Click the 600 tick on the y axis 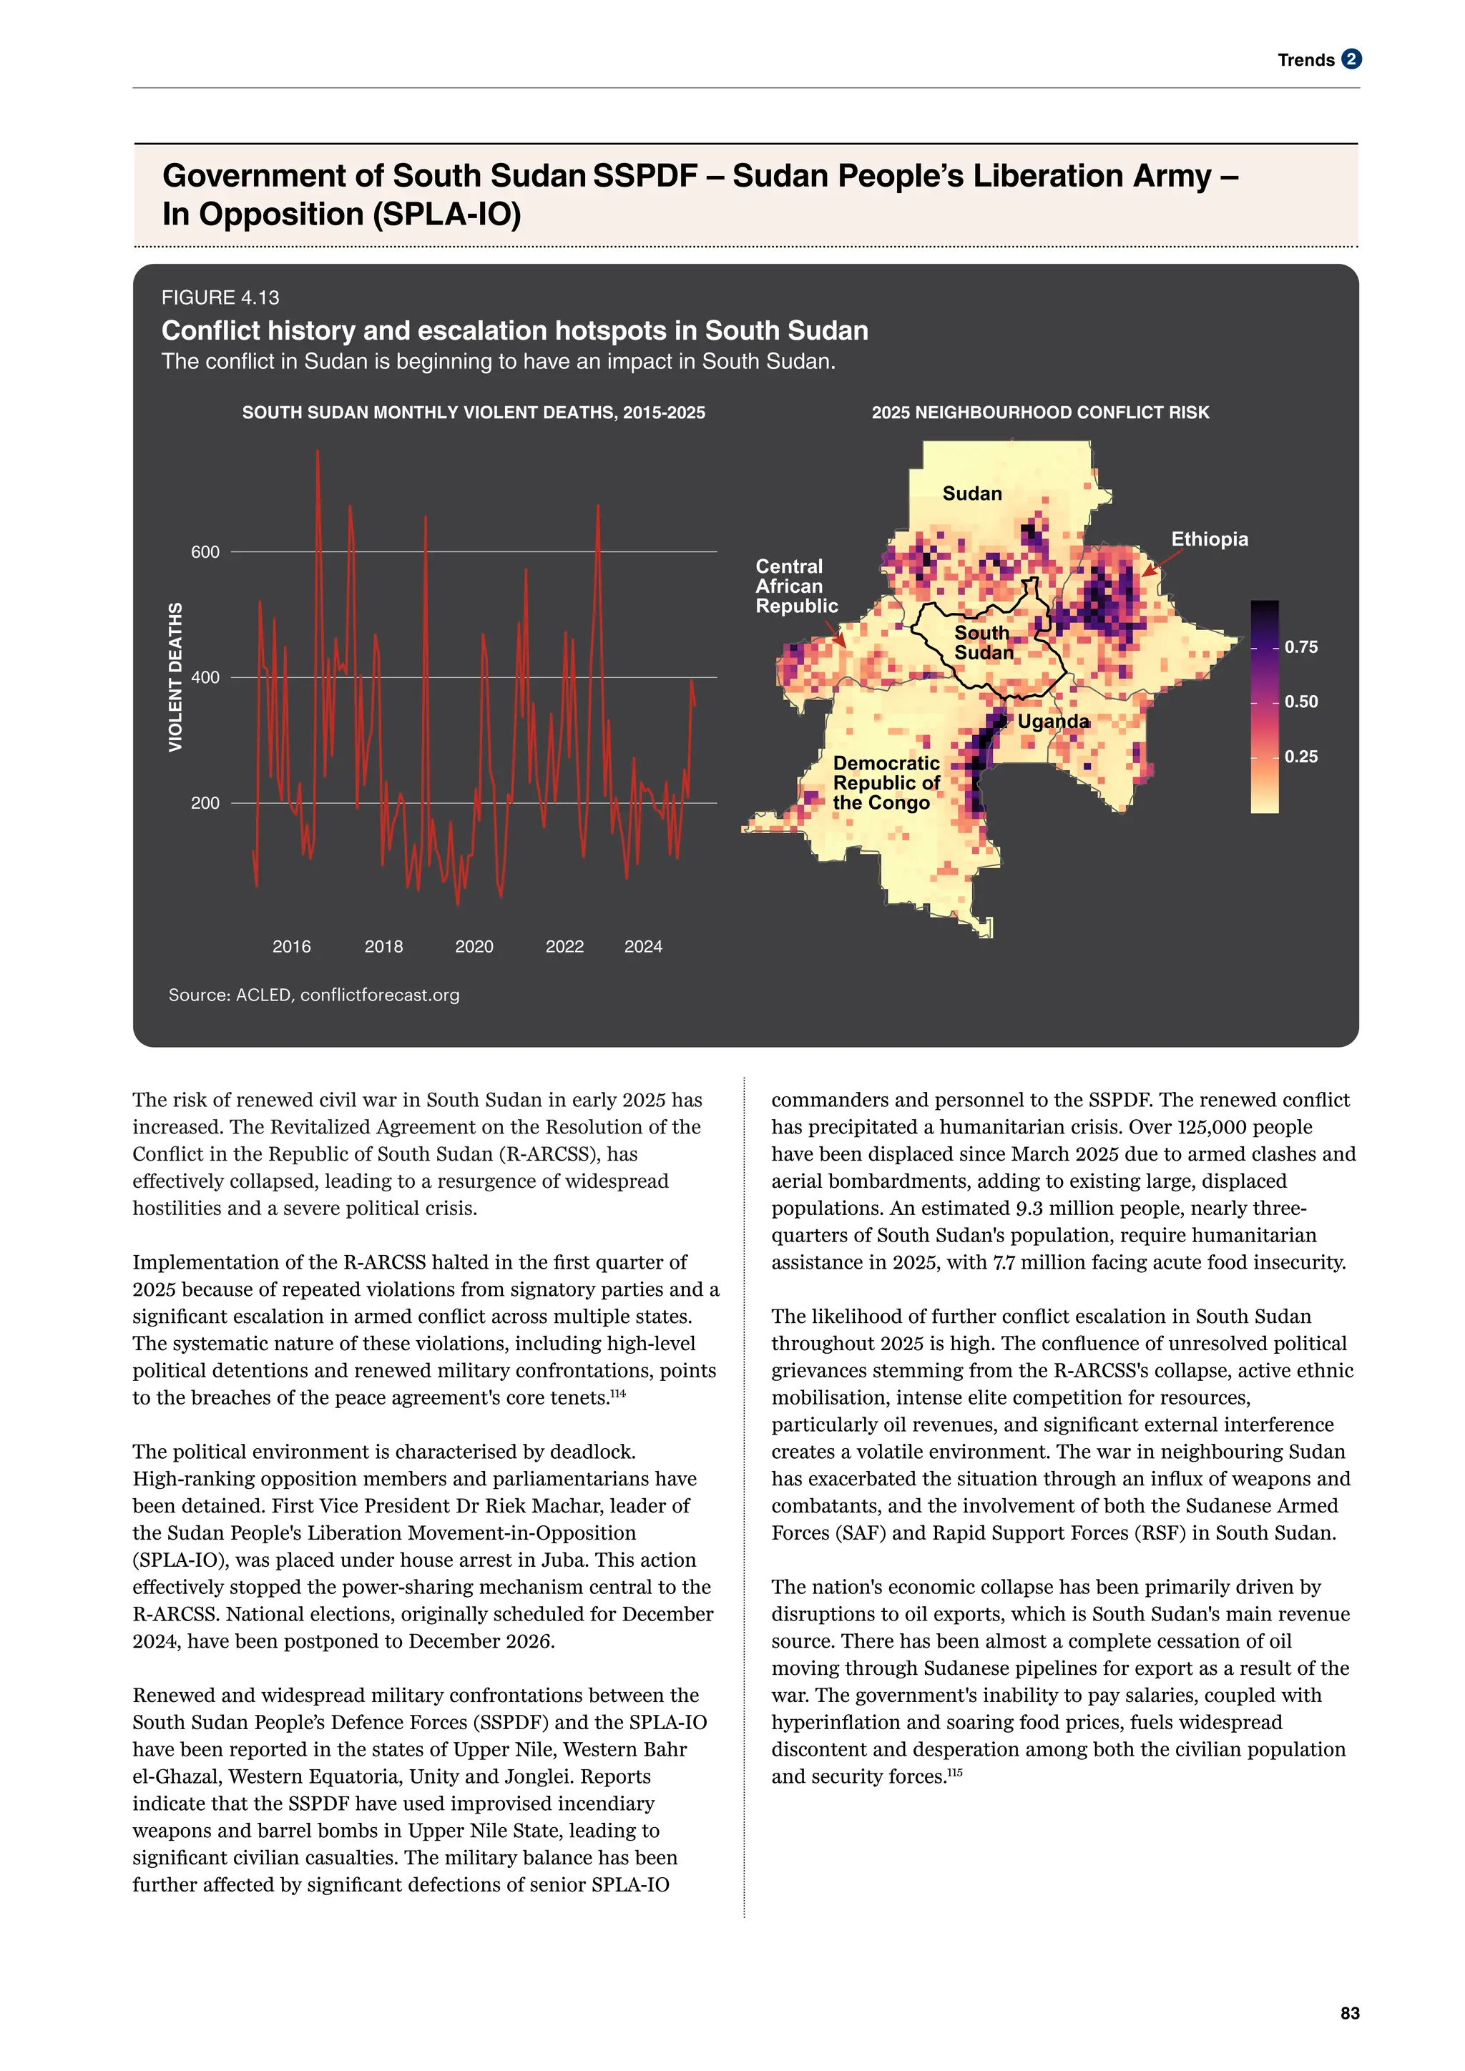click(x=205, y=552)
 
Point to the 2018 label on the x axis click(x=383, y=946)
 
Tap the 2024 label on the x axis click(x=643, y=946)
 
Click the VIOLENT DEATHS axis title click(x=176, y=677)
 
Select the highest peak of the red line click(x=317, y=451)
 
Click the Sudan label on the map click(x=971, y=493)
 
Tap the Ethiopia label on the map click(x=1209, y=538)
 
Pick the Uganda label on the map click(x=1053, y=722)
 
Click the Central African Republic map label click(x=797, y=586)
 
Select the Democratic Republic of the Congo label click(x=886, y=783)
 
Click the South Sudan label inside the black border click(x=984, y=642)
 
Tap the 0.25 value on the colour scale click(x=1300, y=757)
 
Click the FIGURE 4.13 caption click(x=220, y=297)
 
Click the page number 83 click(x=1350, y=2013)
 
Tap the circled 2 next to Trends click(x=1351, y=59)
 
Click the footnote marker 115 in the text click(x=954, y=1773)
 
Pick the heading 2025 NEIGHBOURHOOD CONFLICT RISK click(x=1039, y=412)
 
